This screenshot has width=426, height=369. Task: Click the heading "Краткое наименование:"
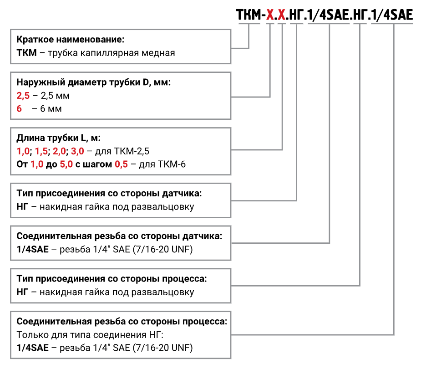(70, 40)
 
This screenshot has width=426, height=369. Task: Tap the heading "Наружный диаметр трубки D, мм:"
(93, 82)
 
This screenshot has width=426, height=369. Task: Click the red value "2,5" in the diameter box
(23, 96)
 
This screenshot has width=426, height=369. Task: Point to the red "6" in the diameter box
(19, 109)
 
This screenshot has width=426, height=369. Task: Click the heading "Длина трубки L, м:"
(58, 138)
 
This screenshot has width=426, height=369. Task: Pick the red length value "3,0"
(78, 151)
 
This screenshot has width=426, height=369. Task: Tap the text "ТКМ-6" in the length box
(172, 164)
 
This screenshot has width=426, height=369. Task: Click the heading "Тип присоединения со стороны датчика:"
(109, 193)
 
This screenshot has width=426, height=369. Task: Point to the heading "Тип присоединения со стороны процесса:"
(112, 278)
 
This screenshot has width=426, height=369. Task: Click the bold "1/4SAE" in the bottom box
(32, 348)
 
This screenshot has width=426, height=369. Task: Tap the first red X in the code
(270, 16)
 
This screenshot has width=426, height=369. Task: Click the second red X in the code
(282, 16)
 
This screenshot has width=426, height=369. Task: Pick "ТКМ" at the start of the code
(248, 16)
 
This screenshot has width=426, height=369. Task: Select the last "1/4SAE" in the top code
(392, 16)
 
